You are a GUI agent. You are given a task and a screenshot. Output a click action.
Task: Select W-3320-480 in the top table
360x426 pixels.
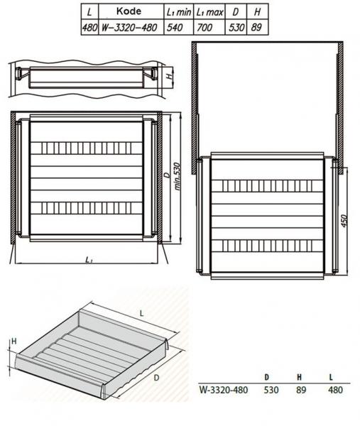point(126,28)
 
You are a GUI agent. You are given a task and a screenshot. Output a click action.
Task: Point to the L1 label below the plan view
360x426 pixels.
point(88,261)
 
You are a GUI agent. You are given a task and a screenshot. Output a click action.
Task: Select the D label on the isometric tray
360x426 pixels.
point(155,378)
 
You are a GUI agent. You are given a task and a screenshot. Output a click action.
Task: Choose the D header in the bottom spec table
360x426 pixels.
point(266,376)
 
